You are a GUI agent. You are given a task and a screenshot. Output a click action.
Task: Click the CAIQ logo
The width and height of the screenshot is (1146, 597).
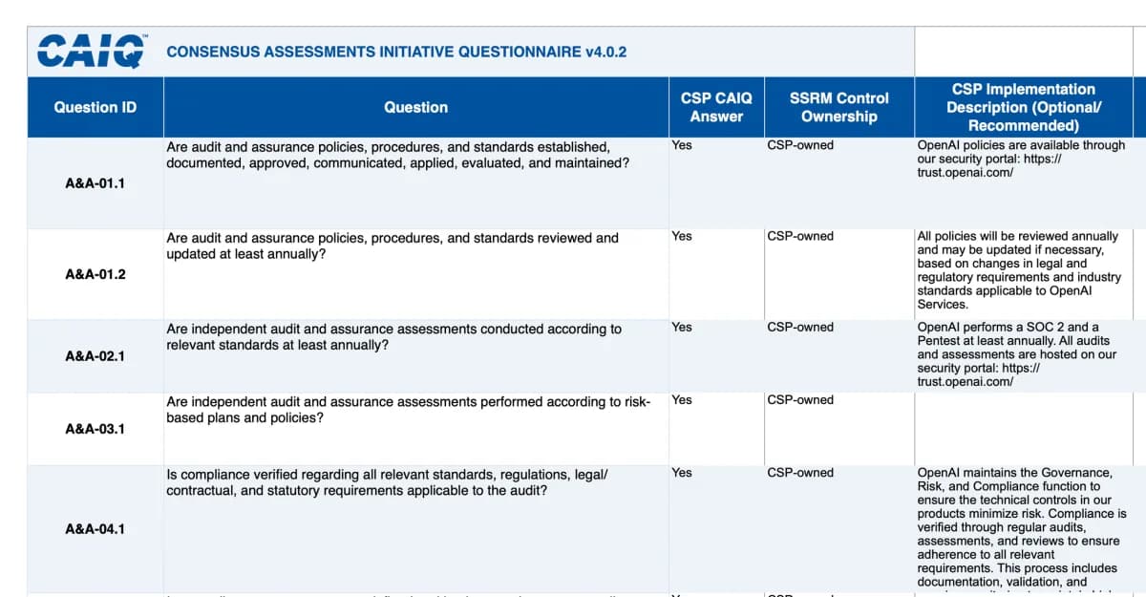click(x=92, y=52)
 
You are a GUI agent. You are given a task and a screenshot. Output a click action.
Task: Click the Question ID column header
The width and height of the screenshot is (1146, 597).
click(x=95, y=107)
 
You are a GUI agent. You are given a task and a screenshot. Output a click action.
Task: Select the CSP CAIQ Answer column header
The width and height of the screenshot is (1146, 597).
click(x=716, y=107)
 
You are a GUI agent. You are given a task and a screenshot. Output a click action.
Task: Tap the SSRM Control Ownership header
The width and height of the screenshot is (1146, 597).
click(x=838, y=107)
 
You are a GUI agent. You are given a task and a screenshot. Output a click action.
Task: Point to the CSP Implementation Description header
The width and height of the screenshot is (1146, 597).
click(x=1023, y=107)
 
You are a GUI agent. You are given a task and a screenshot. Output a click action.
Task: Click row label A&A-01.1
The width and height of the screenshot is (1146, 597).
click(x=95, y=183)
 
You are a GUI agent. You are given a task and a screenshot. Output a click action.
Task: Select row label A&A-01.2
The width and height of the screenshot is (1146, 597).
click(x=95, y=274)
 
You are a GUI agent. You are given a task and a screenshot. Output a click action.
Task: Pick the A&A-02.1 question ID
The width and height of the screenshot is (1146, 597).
click(x=95, y=356)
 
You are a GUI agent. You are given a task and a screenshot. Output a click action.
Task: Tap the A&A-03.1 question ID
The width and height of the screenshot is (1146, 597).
click(x=95, y=429)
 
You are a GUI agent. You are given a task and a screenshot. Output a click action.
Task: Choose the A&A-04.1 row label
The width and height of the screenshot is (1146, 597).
click(x=95, y=528)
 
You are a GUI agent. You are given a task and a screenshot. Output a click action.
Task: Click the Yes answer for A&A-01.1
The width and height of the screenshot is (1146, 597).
click(x=682, y=145)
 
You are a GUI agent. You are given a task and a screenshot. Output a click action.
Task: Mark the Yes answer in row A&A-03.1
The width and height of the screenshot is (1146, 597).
click(x=682, y=400)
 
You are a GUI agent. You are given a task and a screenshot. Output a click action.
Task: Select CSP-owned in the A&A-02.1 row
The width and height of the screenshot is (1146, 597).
click(x=800, y=327)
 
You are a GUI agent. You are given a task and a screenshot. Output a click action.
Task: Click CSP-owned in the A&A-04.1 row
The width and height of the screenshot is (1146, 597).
click(x=800, y=473)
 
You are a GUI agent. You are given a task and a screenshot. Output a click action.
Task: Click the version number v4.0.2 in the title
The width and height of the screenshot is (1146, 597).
click(x=605, y=52)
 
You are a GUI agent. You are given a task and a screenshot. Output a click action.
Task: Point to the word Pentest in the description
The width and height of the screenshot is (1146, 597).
click(x=941, y=341)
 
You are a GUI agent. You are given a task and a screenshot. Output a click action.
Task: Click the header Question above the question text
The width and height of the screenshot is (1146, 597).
click(x=415, y=107)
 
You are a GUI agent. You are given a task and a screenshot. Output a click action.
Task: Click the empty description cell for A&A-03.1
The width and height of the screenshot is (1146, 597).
click(x=1023, y=429)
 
